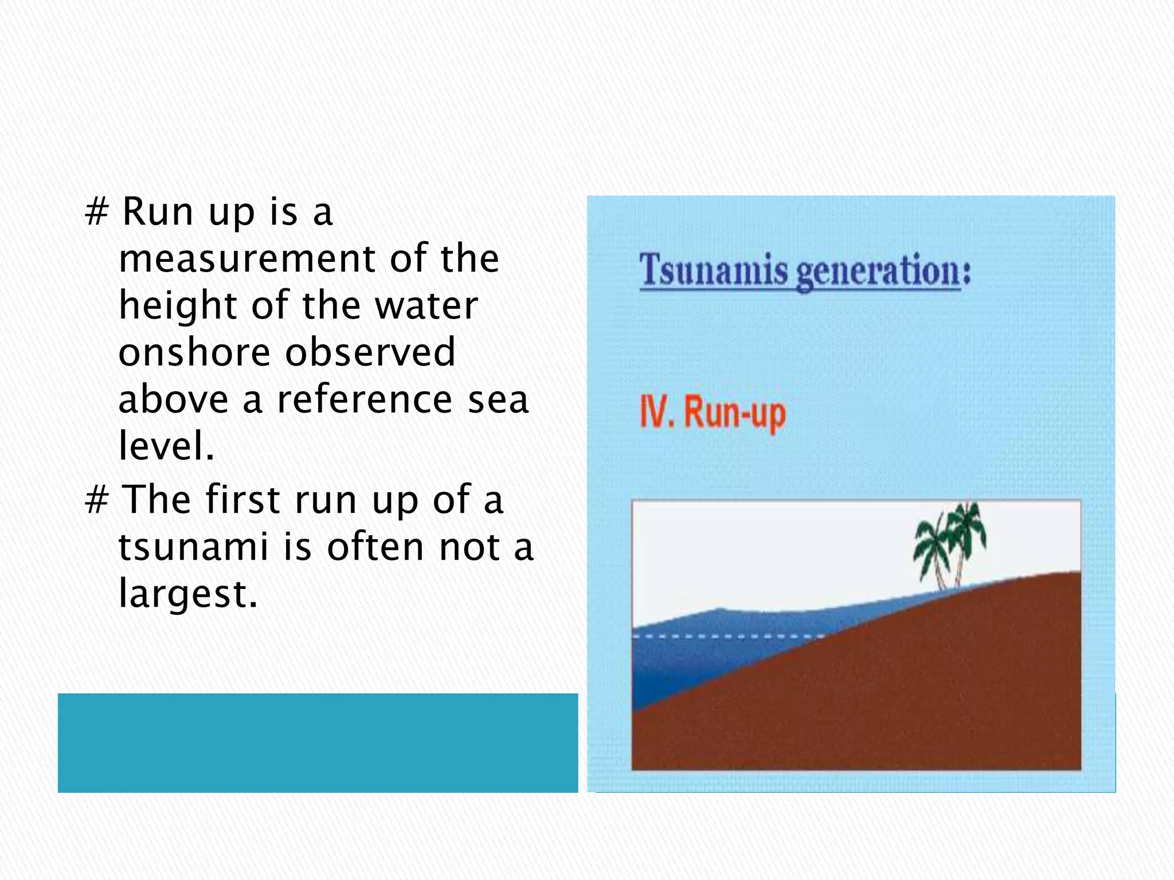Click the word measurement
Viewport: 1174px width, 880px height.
(x=246, y=259)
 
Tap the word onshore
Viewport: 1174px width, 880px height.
(x=194, y=353)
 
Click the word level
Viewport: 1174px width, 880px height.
(x=166, y=446)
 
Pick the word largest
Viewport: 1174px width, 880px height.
(x=188, y=594)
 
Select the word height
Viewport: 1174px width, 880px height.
(x=178, y=306)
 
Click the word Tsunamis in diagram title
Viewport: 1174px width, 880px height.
(x=714, y=270)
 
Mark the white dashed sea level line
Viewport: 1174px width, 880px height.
(x=728, y=637)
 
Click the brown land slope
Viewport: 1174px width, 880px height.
(x=917, y=687)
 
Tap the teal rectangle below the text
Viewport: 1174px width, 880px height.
(x=318, y=743)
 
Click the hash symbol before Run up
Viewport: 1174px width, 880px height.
(x=96, y=212)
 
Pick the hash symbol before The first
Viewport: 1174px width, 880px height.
(x=96, y=500)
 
